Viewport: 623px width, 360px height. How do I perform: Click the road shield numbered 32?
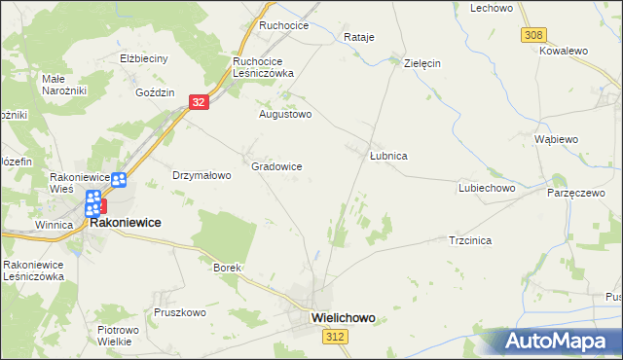pos(198,101)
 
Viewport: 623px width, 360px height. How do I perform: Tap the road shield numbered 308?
pos(531,34)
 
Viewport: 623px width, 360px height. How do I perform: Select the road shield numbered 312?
pos(334,336)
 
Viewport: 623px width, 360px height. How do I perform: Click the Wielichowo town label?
pos(343,317)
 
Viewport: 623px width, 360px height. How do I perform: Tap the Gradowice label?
pos(276,166)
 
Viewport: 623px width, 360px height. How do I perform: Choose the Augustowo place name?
pos(284,114)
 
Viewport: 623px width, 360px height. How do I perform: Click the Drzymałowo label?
pos(201,176)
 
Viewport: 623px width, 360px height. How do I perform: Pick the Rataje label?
pos(359,37)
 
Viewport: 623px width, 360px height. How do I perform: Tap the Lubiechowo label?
pos(486,188)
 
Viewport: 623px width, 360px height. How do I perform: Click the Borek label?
pos(226,267)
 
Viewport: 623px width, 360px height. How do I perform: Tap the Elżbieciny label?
pos(144,58)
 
